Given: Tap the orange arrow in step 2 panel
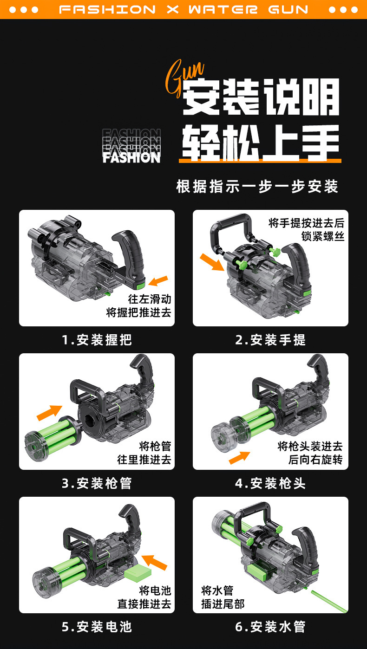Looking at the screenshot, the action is coord(212,262).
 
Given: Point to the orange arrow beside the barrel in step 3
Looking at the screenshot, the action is coord(49,412).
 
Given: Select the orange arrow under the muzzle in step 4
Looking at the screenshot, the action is coord(239,457).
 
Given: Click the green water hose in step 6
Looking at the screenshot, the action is coord(329,601).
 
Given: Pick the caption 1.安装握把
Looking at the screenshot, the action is coord(97,339).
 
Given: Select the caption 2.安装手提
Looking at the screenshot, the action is coord(270,339).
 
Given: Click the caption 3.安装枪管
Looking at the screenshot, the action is coord(97,483).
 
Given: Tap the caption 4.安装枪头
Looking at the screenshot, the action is coord(270,483).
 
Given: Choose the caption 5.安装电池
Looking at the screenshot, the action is coord(97,627).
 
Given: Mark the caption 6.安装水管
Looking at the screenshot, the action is coord(270,627).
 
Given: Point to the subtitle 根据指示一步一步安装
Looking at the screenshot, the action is coord(257,186).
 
